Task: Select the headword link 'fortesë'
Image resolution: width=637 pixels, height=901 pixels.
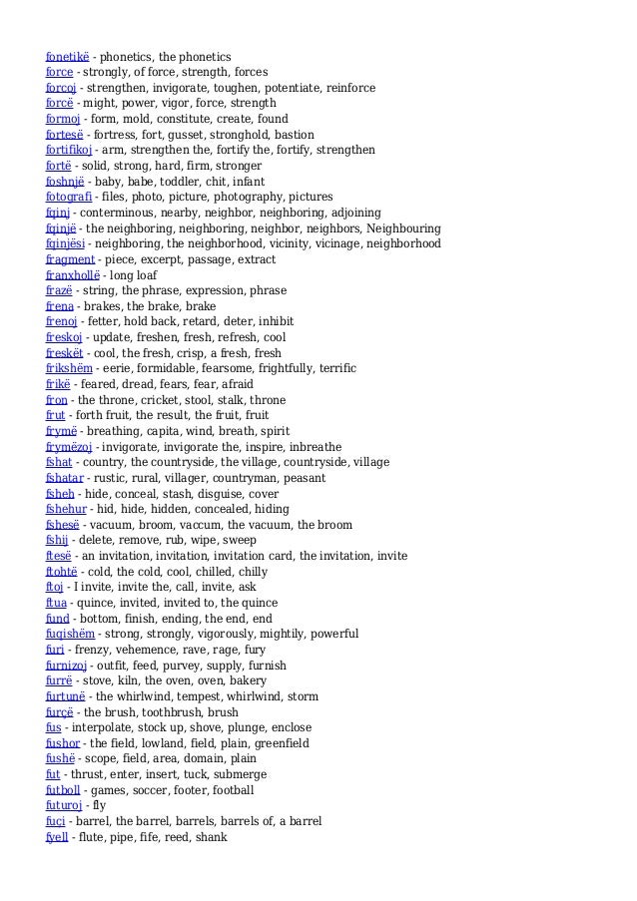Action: point(65,135)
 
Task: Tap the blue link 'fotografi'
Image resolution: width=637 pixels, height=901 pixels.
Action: point(69,198)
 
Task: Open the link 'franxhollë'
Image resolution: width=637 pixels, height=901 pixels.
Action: point(73,275)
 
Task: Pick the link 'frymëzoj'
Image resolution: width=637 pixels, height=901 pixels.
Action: point(69,447)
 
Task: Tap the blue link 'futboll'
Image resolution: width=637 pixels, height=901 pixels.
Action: point(65,790)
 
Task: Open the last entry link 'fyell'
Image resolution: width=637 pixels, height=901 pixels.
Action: point(57,837)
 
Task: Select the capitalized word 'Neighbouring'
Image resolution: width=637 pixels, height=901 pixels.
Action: point(397,228)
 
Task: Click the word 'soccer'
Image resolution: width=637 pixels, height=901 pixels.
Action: point(145,790)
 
